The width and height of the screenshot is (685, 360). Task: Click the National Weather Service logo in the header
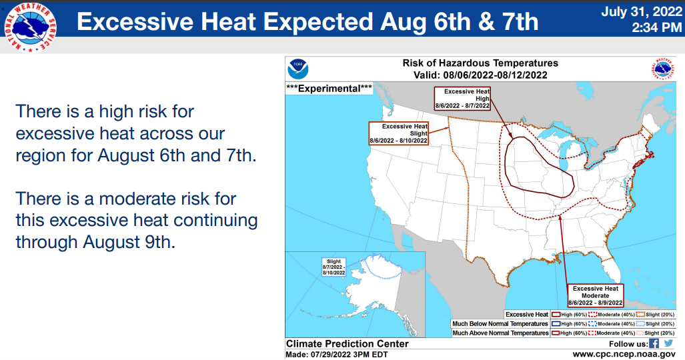[30, 27]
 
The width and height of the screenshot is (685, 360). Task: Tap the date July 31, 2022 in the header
[642, 12]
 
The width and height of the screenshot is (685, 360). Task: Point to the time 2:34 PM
[656, 27]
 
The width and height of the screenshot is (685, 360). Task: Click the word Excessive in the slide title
[135, 22]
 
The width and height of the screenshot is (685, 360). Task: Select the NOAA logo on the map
[298, 69]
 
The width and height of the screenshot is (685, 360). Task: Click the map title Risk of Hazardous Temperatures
[480, 63]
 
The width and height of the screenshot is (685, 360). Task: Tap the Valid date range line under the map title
[480, 75]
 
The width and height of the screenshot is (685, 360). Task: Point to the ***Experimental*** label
[329, 88]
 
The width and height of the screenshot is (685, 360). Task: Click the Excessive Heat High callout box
[463, 98]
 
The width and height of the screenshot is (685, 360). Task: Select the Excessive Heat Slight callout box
[398, 133]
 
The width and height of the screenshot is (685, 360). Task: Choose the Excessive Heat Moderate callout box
[596, 295]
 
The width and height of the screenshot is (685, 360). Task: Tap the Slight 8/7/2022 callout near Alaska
[333, 267]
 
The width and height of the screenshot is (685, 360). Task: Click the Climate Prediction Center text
[348, 344]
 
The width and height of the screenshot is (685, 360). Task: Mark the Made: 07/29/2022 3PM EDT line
[337, 354]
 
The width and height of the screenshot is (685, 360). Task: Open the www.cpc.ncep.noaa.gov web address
[624, 354]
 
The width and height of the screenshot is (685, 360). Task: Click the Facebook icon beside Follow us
[654, 343]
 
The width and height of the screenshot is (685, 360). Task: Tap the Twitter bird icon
[668, 343]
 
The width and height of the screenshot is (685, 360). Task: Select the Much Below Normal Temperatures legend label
[500, 324]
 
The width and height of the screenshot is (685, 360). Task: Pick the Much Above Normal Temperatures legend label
[500, 333]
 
